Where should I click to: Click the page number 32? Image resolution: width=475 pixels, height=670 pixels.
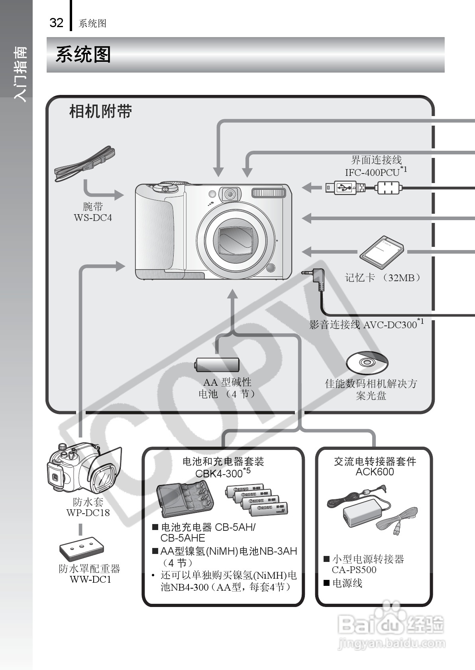56,23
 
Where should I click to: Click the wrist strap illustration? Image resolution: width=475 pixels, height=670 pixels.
84,165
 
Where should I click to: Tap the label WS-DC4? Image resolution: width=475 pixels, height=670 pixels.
93,218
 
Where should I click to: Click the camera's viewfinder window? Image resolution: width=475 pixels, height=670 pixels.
230,194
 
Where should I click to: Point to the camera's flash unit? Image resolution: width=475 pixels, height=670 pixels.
269,193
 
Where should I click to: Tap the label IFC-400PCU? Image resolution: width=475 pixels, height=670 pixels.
372,172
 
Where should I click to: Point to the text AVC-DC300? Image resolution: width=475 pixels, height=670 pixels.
390,325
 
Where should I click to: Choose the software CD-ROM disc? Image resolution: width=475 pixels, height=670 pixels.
367,362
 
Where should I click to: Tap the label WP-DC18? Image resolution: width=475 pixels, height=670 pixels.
88,513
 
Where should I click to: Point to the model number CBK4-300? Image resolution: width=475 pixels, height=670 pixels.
219,473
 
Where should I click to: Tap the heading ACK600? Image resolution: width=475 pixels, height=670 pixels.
375,472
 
